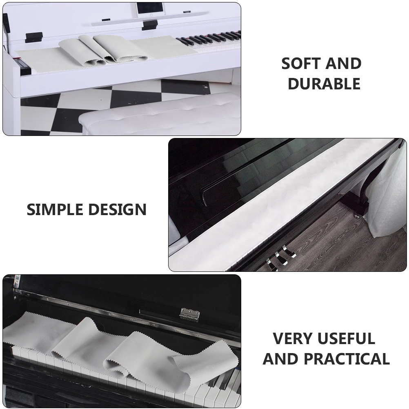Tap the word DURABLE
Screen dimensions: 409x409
pyautogui.click(x=324, y=84)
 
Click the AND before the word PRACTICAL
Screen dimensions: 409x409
pyautogui.click(x=280, y=359)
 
